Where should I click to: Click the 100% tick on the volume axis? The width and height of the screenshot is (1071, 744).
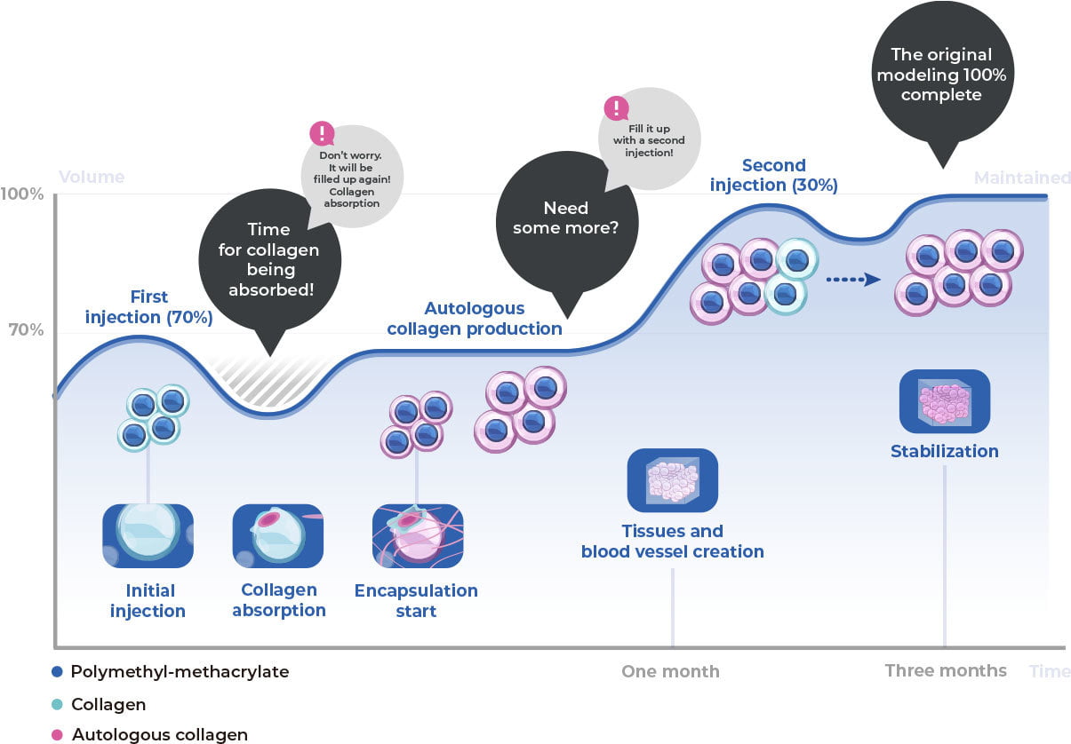click(x=28, y=194)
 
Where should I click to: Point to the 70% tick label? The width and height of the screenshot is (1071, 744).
click(x=28, y=331)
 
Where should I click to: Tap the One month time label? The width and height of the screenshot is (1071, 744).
click(x=670, y=671)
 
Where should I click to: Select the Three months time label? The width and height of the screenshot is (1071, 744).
click(x=946, y=670)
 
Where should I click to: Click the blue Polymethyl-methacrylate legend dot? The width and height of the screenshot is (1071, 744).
click(x=59, y=672)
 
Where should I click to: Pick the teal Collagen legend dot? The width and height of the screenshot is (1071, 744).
click(x=59, y=705)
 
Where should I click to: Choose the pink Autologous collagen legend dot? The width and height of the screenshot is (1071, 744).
click(x=59, y=734)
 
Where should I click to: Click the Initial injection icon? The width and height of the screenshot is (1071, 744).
click(x=148, y=535)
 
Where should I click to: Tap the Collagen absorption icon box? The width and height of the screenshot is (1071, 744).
click(x=276, y=535)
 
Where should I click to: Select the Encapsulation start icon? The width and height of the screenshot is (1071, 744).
click(x=417, y=536)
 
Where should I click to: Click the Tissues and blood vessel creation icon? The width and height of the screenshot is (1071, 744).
click(x=672, y=480)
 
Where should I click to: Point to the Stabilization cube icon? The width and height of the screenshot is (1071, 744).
click(x=944, y=401)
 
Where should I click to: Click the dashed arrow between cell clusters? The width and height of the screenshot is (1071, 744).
click(x=852, y=279)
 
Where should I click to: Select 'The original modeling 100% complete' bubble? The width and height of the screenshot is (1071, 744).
click(x=941, y=75)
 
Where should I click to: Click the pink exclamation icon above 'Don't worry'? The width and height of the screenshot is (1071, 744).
click(x=321, y=134)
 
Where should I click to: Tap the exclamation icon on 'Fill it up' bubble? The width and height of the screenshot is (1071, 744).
click(x=615, y=108)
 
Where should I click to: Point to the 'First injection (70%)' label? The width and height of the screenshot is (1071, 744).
click(x=148, y=307)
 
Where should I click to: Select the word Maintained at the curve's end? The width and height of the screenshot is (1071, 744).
click(x=1022, y=178)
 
